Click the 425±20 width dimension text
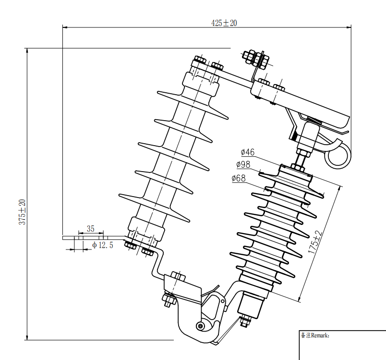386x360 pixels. click(224, 23)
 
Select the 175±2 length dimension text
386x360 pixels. click(315, 243)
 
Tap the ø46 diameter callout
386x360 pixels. click(247, 152)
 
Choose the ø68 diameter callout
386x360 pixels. click(239, 178)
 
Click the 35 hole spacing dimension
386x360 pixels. click(90, 229)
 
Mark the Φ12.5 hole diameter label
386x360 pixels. click(102, 246)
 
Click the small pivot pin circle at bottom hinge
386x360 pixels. click(200, 326)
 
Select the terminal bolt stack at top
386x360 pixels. click(254, 58)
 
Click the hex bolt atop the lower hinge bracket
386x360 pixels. click(177, 277)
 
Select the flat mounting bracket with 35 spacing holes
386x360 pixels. click(91, 237)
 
